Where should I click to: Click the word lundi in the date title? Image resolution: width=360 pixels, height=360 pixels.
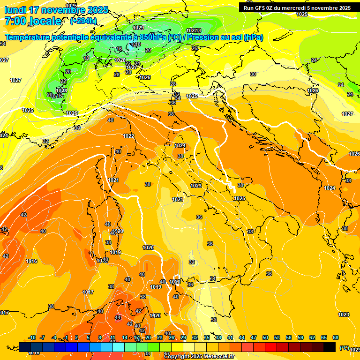point(15,10)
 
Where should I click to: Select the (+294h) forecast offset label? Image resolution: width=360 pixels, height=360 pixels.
point(83,21)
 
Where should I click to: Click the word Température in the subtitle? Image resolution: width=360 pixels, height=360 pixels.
point(27,37)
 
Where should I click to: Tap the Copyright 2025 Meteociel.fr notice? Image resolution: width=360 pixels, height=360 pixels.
point(199,357)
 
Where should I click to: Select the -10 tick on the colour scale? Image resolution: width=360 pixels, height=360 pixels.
point(32,337)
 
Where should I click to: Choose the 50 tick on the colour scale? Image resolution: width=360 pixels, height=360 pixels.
point(266,337)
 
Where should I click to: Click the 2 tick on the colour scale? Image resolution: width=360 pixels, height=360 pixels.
point(77,337)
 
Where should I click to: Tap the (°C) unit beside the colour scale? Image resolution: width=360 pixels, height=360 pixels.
point(345,348)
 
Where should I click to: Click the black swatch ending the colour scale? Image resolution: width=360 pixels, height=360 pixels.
point(330,347)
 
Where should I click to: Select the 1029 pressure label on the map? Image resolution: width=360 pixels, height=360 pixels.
point(138,28)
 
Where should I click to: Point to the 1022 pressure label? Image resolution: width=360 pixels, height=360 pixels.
point(128,136)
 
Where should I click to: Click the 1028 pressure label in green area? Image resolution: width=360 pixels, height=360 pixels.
point(61,90)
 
